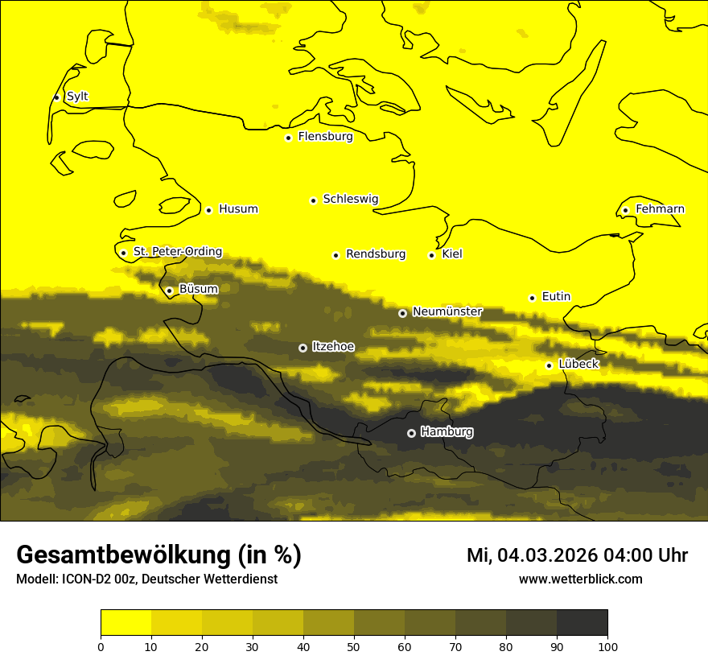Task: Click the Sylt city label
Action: (x=77, y=97)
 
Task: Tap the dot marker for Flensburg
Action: (x=288, y=138)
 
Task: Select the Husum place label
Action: (x=238, y=209)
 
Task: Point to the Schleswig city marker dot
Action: (x=314, y=200)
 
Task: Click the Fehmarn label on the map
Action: (x=660, y=209)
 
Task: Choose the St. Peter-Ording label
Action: (x=178, y=252)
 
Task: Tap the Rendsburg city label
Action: (x=376, y=254)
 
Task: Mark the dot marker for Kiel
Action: (x=432, y=255)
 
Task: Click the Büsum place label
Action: (x=198, y=289)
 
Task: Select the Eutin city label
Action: (x=556, y=297)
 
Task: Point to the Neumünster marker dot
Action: (x=402, y=313)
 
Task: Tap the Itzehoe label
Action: (x=333, y=347)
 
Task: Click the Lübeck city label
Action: (x=578, y=365)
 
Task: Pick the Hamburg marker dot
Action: (x=411, y=433)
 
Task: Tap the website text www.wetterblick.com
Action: (x=581, y=579)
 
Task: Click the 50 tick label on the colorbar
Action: (x=354, y=646)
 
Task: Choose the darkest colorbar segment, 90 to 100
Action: (x=582, y=622)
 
